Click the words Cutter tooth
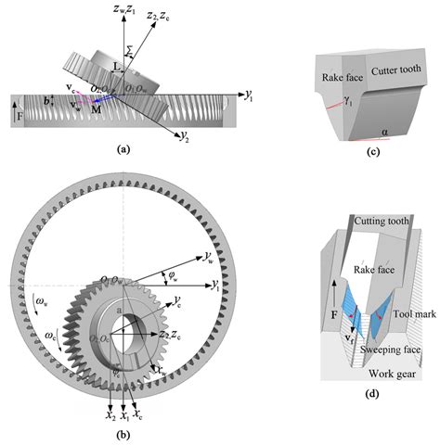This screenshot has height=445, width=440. pyautogui.click(x=386, y=70)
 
